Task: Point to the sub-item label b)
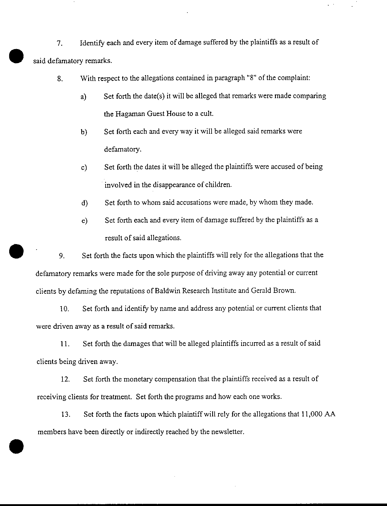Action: (84, 132)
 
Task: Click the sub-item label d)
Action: (85, 203)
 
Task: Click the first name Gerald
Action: (261, 290)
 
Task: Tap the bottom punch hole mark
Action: (16, 446)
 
